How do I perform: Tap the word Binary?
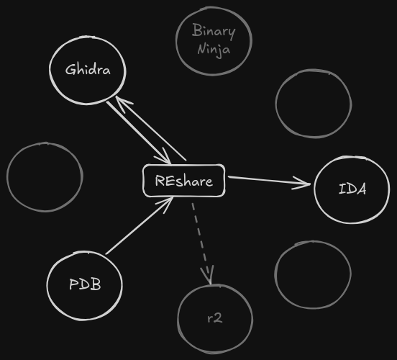pyautogui.click(x=214, y=32)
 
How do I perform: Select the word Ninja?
pyautogui.click(x=214, y=50)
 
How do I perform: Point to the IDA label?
pyautogui.click(x=352, y=189)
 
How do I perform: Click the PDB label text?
pyautogui.click(x=85, y=284)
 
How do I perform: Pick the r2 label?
pyautogui.click(x=214, y=318)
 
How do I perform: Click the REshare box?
pyautogui.click(x=183, y=181)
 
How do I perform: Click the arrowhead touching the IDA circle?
pyautogui.click(x=306, y=183)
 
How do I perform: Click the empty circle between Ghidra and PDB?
pyautogui.click(x=45, y=177)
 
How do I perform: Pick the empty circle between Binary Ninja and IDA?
pyautogui.click(x=313, y=103)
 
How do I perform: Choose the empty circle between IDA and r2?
pyautogui.click(x=312, y=274)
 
